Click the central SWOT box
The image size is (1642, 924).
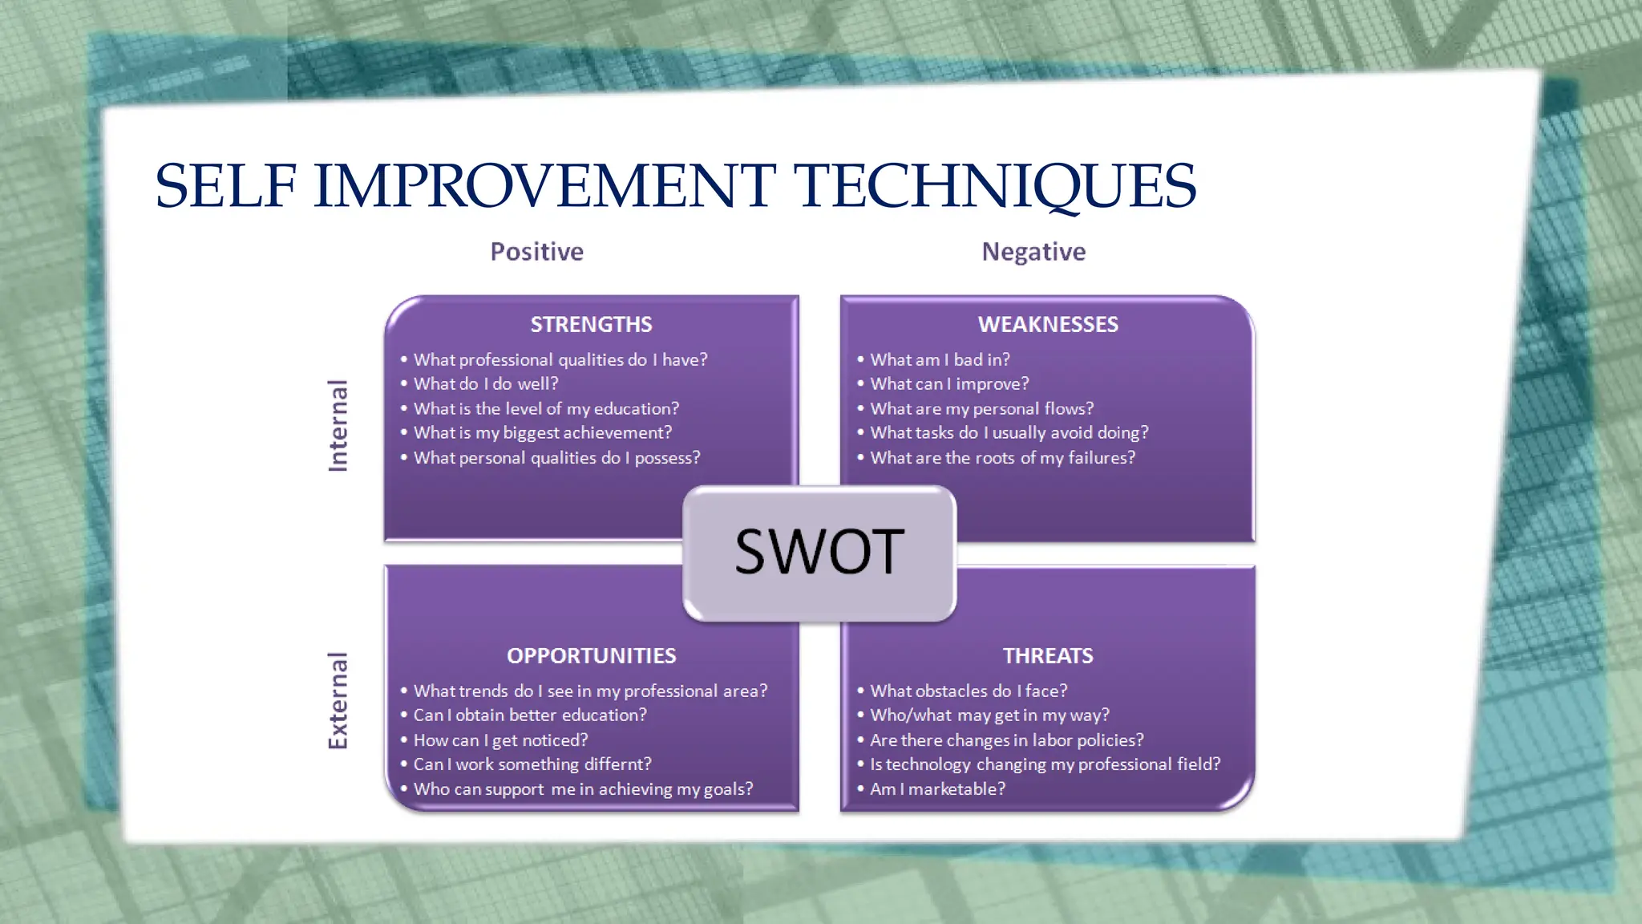click(819, 553)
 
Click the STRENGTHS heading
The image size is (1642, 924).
click(591, 324)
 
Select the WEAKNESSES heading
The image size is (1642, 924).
click(1047, 324)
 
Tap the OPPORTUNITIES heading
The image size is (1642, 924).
click(591, 655)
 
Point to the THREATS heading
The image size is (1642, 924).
click(1047, 655)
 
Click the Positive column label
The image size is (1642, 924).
click(536, 252)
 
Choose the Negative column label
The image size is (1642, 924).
click(1033, 252)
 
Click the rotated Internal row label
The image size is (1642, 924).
click(338, 425)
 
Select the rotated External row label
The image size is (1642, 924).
click(338, 701)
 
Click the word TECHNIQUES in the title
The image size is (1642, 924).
click(994, 186)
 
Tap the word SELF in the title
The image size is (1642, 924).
click(225, 186)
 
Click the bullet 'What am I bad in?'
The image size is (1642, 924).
click(940, 359)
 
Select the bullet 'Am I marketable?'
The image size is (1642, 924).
click(937, 788)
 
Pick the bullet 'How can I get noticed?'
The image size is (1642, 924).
click(500, 740)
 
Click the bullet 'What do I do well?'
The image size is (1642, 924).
click(486, 383)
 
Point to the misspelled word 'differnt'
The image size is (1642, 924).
click(617, 764)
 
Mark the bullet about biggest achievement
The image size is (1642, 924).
click(543, 432)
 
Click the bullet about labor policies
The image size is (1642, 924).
click(1006, 740)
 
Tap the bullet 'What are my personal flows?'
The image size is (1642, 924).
click(981, 408)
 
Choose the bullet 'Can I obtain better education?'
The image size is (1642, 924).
click(529, 715)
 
